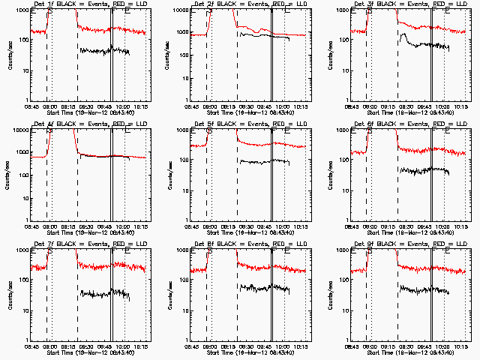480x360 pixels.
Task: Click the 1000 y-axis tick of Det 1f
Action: click(21, 10)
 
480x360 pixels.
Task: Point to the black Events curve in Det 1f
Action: click(105, 51)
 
